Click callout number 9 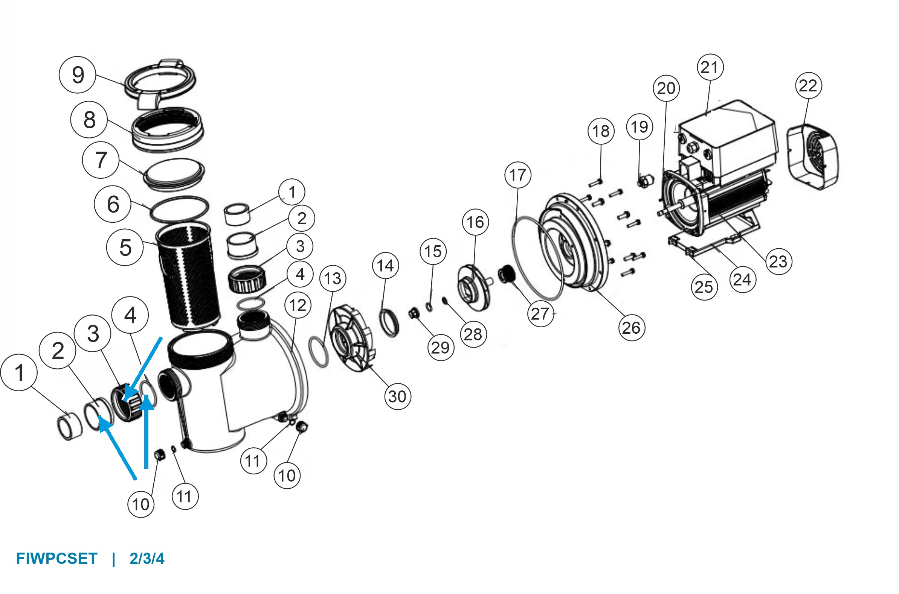[77, 74]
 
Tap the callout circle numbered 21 [710, 67]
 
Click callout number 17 [517, 175]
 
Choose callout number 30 [397, 397]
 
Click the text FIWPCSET [56, 559]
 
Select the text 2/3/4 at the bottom [147, 559]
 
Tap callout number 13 [333, 278]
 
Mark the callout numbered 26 [631, 328]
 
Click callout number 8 [89, 120]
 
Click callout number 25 [704, 287]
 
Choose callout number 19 [640, 126]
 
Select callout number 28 [473, 334]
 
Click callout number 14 [386, 266]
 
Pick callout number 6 [113, 204]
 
